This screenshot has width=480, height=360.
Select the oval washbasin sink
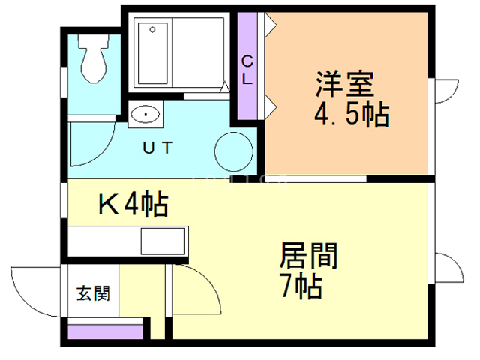[x=144, y=115]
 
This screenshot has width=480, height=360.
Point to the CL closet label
[x=248, y=68]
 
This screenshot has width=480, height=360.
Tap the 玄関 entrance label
[x=92, y=292]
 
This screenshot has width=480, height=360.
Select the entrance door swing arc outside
[x=34, y=289]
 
